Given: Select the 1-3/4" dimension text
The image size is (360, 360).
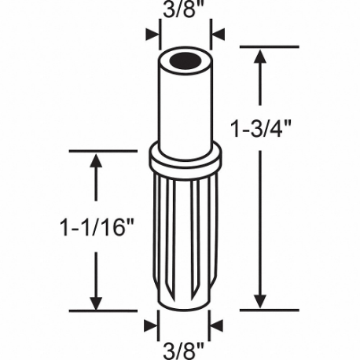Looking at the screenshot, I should coord(297,128).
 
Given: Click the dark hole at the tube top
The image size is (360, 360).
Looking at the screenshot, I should coord(185,60).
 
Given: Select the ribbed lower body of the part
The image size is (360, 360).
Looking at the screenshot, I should coord(185,236).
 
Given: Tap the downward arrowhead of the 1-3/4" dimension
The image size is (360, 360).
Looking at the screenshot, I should coord(259,302).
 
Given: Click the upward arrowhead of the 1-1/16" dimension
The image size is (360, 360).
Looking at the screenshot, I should coord(97,161).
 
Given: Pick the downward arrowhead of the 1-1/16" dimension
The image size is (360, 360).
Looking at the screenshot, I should coord(97,302).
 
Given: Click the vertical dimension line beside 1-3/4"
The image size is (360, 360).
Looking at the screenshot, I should coord(259,197).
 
